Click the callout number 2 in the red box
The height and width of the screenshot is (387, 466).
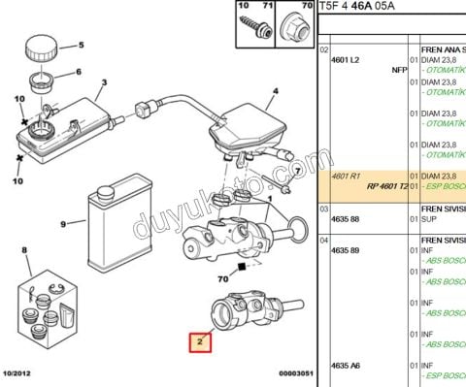click(199, 342)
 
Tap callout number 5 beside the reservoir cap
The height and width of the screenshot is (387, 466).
click(81, 45)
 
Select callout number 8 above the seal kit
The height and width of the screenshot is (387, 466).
click(25, 251)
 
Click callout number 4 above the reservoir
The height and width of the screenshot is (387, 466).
click(275, 92)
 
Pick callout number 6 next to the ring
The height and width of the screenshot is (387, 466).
click(79, 71)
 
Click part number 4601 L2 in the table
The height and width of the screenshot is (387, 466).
click(347, 60)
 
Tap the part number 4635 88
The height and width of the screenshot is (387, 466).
click(347, 220)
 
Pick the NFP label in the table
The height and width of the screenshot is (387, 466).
click(398, 70)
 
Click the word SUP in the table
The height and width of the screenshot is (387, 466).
click(428, 220)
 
